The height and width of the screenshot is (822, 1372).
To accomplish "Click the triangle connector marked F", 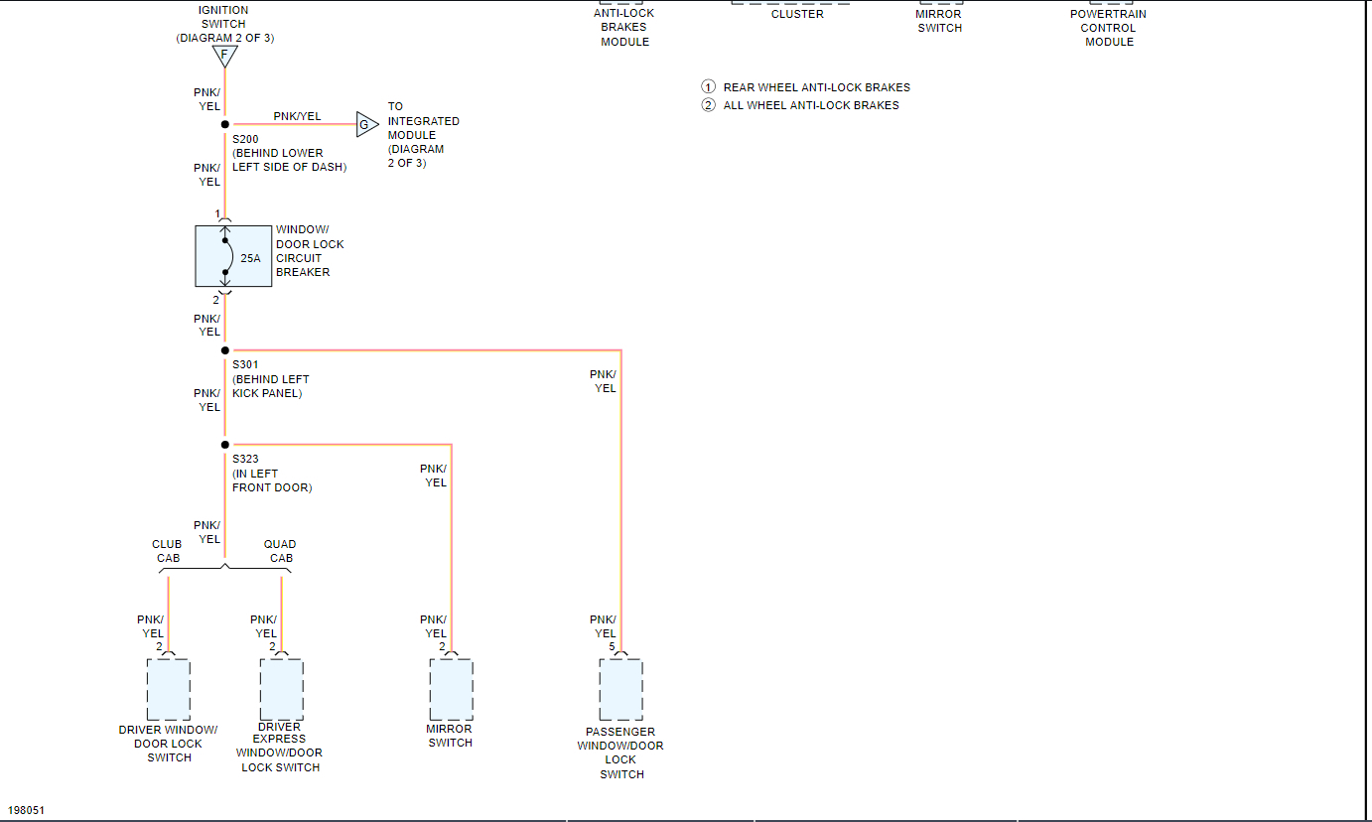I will tap(225, 56).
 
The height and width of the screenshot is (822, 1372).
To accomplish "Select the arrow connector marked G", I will tap(366, 124).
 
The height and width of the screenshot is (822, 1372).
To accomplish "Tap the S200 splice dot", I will tap(225, 124).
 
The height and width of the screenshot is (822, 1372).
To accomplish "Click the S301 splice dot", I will tap(225, 350).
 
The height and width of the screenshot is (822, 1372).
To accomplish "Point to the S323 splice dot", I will tap(225, 445).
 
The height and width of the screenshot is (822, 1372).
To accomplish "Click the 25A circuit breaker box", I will tap(233, 257).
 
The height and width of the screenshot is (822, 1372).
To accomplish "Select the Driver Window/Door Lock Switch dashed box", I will tap(169, 689).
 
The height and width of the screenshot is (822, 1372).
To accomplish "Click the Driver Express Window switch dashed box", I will tap(282, 689).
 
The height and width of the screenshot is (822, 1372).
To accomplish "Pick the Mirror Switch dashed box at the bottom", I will tap(451, 689).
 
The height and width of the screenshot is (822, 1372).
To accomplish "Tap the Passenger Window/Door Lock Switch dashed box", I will tap(621, 689).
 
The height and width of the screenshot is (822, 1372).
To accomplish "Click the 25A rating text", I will tap(250, 258).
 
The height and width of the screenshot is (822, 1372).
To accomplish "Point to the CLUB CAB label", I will tap(167, 551).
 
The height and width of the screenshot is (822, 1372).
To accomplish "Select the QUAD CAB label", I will tap(280, 551).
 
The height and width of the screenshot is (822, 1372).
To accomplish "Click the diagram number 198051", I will tap(27, 810).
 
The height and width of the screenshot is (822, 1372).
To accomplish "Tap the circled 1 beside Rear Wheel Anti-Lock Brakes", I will tap(708, 87).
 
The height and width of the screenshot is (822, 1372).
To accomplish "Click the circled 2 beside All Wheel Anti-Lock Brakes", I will tap(708, 105).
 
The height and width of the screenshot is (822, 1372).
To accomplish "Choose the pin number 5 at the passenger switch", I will tap(612, 647).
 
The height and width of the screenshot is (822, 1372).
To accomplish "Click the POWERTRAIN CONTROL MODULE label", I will tap(1109, 28).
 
